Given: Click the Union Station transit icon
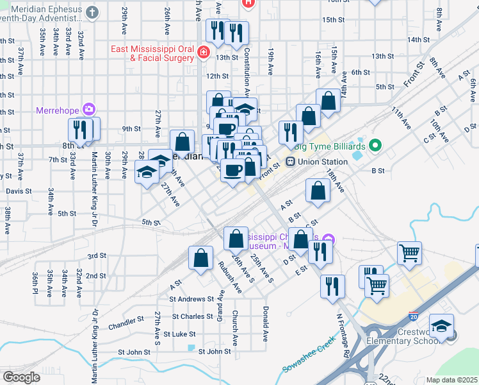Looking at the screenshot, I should (x=290, y=162).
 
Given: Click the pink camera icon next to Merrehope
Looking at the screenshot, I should (x=88, y=108).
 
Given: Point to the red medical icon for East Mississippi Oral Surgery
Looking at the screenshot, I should (x=203, y=52).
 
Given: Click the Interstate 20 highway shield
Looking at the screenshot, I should (x=415, y=316).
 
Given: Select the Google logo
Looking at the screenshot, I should (x=21, y=377).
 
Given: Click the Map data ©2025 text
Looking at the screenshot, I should (x=451, y=380).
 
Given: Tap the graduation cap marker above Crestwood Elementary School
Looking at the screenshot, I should (x=441, y=326).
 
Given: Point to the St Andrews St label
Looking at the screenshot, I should (x=191, y=299).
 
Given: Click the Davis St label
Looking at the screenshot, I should (x=19, y=191).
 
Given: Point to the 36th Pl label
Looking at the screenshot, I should (x=35, y=282).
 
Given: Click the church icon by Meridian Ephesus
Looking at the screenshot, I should (x=92, y=12).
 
